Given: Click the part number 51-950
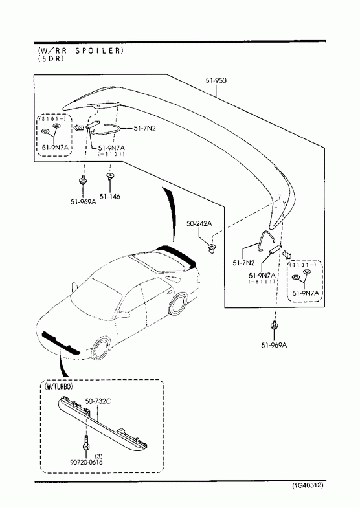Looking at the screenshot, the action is pyautogui.click(x=216, y=80).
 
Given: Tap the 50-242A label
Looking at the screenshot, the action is pyautogui.click(x=199, y=223).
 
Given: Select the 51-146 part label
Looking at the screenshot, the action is pyautogui.click(x=110, y=196).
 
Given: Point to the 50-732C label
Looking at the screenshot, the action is pyautogui.click(x=98, y=401).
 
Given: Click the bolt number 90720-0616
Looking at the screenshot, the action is pyautogui.click(x=86, y=462).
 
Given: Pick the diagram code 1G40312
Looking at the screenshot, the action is pyautogui.click(x=308, y=485).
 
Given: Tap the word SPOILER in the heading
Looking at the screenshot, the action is pyautogui.click(x=99, y=50).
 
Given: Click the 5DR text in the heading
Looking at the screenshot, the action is pyautogui.click(x=51, y=59).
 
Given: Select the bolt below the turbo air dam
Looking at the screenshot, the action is pyautogui.click(x=86, y=443).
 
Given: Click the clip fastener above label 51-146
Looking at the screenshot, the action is pyautogui.click(x=110, y=176).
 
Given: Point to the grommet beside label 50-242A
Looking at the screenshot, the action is pyautogui.click(x=212, y=248).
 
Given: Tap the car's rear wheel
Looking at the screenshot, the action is pyautogui.click(x=177, y=304).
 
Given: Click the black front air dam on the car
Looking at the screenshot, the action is pyautogui.click(x=62, y=343).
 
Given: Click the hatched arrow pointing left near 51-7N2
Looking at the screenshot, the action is pyautogui.click(x=79, y=127).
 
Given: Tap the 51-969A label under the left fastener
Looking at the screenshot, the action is pyautogui.click(x=84, y=201).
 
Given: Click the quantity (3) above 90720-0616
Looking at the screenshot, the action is pyautogui.click(x=100, y=456).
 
